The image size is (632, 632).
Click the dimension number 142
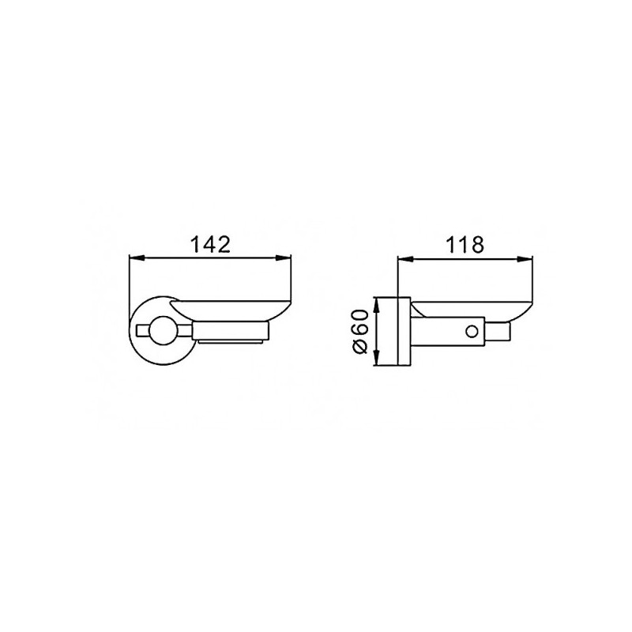(x=210, y=245)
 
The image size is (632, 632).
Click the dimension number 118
(x=465, y=245)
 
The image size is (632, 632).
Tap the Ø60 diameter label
(x=360, y=331)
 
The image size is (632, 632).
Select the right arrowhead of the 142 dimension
(x=284, y=258)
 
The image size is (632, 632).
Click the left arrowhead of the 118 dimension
(x=404, y=259)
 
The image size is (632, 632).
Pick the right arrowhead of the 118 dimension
(x=525, y=259)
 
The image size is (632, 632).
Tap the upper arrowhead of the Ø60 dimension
(x=377, y=305)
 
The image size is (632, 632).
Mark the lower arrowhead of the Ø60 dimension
(x=377, y=358)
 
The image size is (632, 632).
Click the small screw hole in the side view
(x=471, y=331)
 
